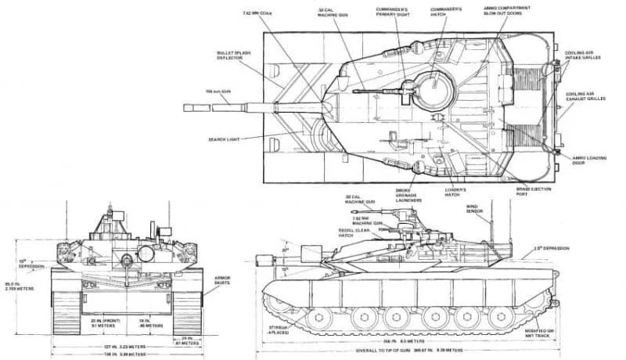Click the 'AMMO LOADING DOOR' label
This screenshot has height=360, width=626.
tap(589, 160)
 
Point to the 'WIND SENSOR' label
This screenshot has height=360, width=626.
tap(475, 209)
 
